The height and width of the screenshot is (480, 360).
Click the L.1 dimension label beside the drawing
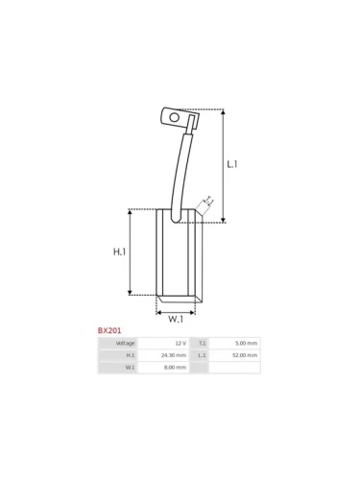click(x=231, y=164)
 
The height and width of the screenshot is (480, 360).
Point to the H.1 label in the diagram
click(x=120, y=252)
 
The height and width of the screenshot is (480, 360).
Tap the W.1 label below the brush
click(x=176, y=319)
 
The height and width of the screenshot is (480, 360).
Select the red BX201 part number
click(x=109, y=330)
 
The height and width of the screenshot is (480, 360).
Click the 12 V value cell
click(x=180, y=343)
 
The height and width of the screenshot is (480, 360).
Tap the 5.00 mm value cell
click(x=246, y=343)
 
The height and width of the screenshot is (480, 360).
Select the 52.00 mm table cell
click(x=245, y=355)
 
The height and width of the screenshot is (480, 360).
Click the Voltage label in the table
click(x=125, y=343)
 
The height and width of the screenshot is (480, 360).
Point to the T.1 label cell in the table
click(x=202, y=343)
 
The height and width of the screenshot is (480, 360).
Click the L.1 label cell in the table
click(x=202, y=355)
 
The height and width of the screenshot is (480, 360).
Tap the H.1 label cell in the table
click(x=130, y=355)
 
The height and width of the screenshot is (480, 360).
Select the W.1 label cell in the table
click(x=130, y=368)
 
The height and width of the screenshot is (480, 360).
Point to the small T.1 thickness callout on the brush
click(x=206, y=202)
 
